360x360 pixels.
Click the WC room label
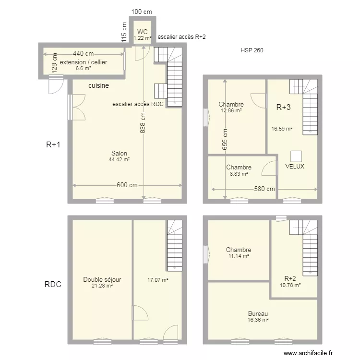pos(142,32)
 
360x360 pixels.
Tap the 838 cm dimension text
pos(143,123)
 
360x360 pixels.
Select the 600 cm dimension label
pos(127,185)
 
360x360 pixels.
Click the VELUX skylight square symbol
pos(296,156)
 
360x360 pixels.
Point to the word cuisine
pos(99,85)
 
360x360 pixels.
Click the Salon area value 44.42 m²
pos(119,159)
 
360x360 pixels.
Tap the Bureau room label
pos(258,313)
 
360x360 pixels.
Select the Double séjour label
pos(102,279)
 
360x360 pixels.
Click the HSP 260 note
pos(252,50)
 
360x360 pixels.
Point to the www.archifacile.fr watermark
pos(308,353)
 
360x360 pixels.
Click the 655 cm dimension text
pos(225,139)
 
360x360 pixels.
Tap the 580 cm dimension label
pos(264,189)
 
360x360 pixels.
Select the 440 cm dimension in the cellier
pos(84,53)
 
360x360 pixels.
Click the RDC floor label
pos(53,284)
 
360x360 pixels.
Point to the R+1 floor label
pos(53,144)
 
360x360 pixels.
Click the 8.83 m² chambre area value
pos(239,174)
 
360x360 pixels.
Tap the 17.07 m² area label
pos(158,280)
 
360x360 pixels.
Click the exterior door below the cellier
pos(56,84)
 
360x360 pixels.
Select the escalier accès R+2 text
pos(181,37)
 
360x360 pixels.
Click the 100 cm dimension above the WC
pos(142,12)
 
